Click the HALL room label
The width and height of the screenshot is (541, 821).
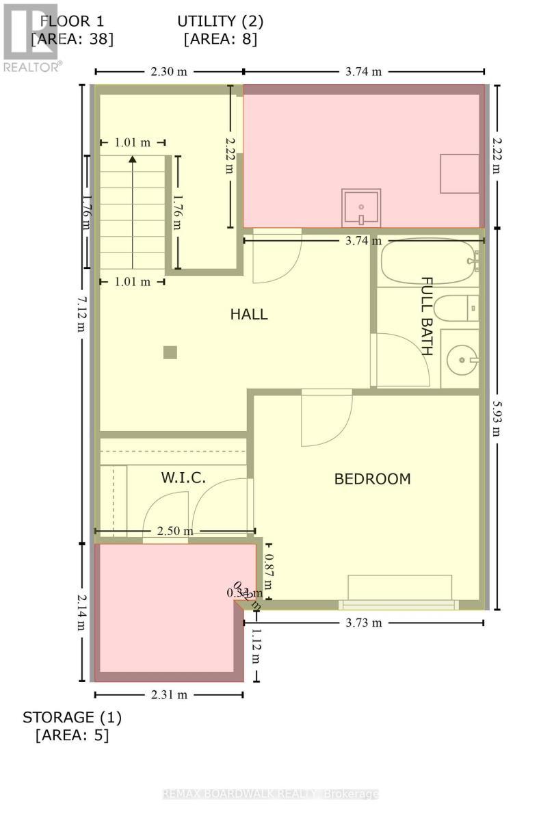248,315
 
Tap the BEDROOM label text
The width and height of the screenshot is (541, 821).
372,479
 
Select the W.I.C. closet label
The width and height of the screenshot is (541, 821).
183,478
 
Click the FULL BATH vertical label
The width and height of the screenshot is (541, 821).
427,316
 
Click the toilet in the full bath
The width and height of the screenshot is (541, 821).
456,307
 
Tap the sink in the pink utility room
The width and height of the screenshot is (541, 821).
360,207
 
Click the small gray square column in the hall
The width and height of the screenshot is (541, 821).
170,352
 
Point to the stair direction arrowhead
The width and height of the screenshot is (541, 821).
133,159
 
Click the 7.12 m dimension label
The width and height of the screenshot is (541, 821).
81,313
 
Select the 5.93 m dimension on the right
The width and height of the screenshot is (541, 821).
497,417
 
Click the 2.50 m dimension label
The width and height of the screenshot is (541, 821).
174,531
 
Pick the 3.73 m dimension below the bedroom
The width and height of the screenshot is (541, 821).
363,623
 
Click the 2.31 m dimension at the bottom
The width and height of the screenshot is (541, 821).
169,694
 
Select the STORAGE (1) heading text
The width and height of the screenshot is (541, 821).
72,718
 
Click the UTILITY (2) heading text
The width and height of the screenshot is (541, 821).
220,21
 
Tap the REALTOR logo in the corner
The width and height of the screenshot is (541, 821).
31,38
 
